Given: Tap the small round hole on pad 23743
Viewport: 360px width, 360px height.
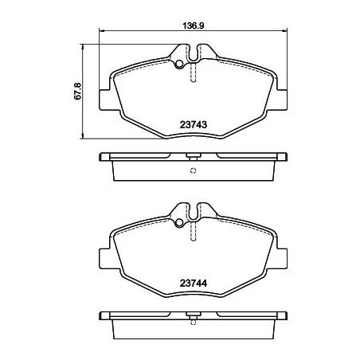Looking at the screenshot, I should coord(181,64).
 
